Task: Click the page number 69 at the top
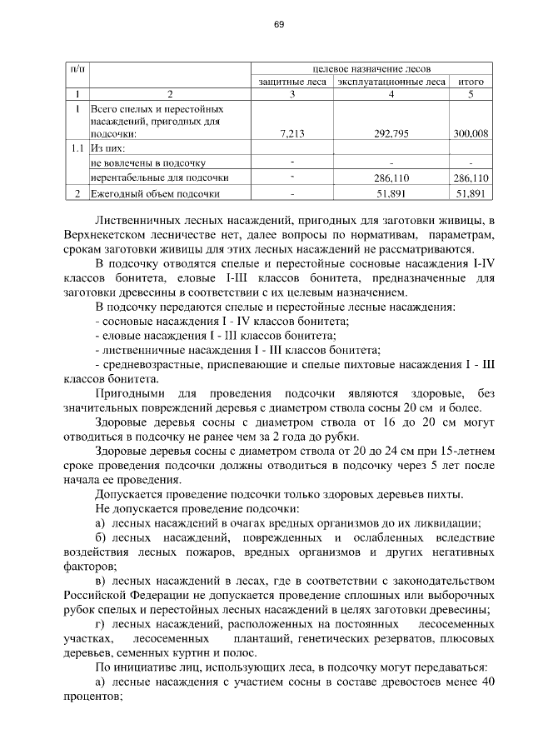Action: pos(279,24)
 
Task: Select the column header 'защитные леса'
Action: pos(292,82)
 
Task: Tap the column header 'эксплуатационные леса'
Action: pos(391,82)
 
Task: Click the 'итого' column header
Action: pos(471,82)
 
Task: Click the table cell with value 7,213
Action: pos(292,133)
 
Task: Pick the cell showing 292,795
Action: pos(390,133)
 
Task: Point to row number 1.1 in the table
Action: pos(77,148)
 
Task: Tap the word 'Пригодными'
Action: pos(130,392)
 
